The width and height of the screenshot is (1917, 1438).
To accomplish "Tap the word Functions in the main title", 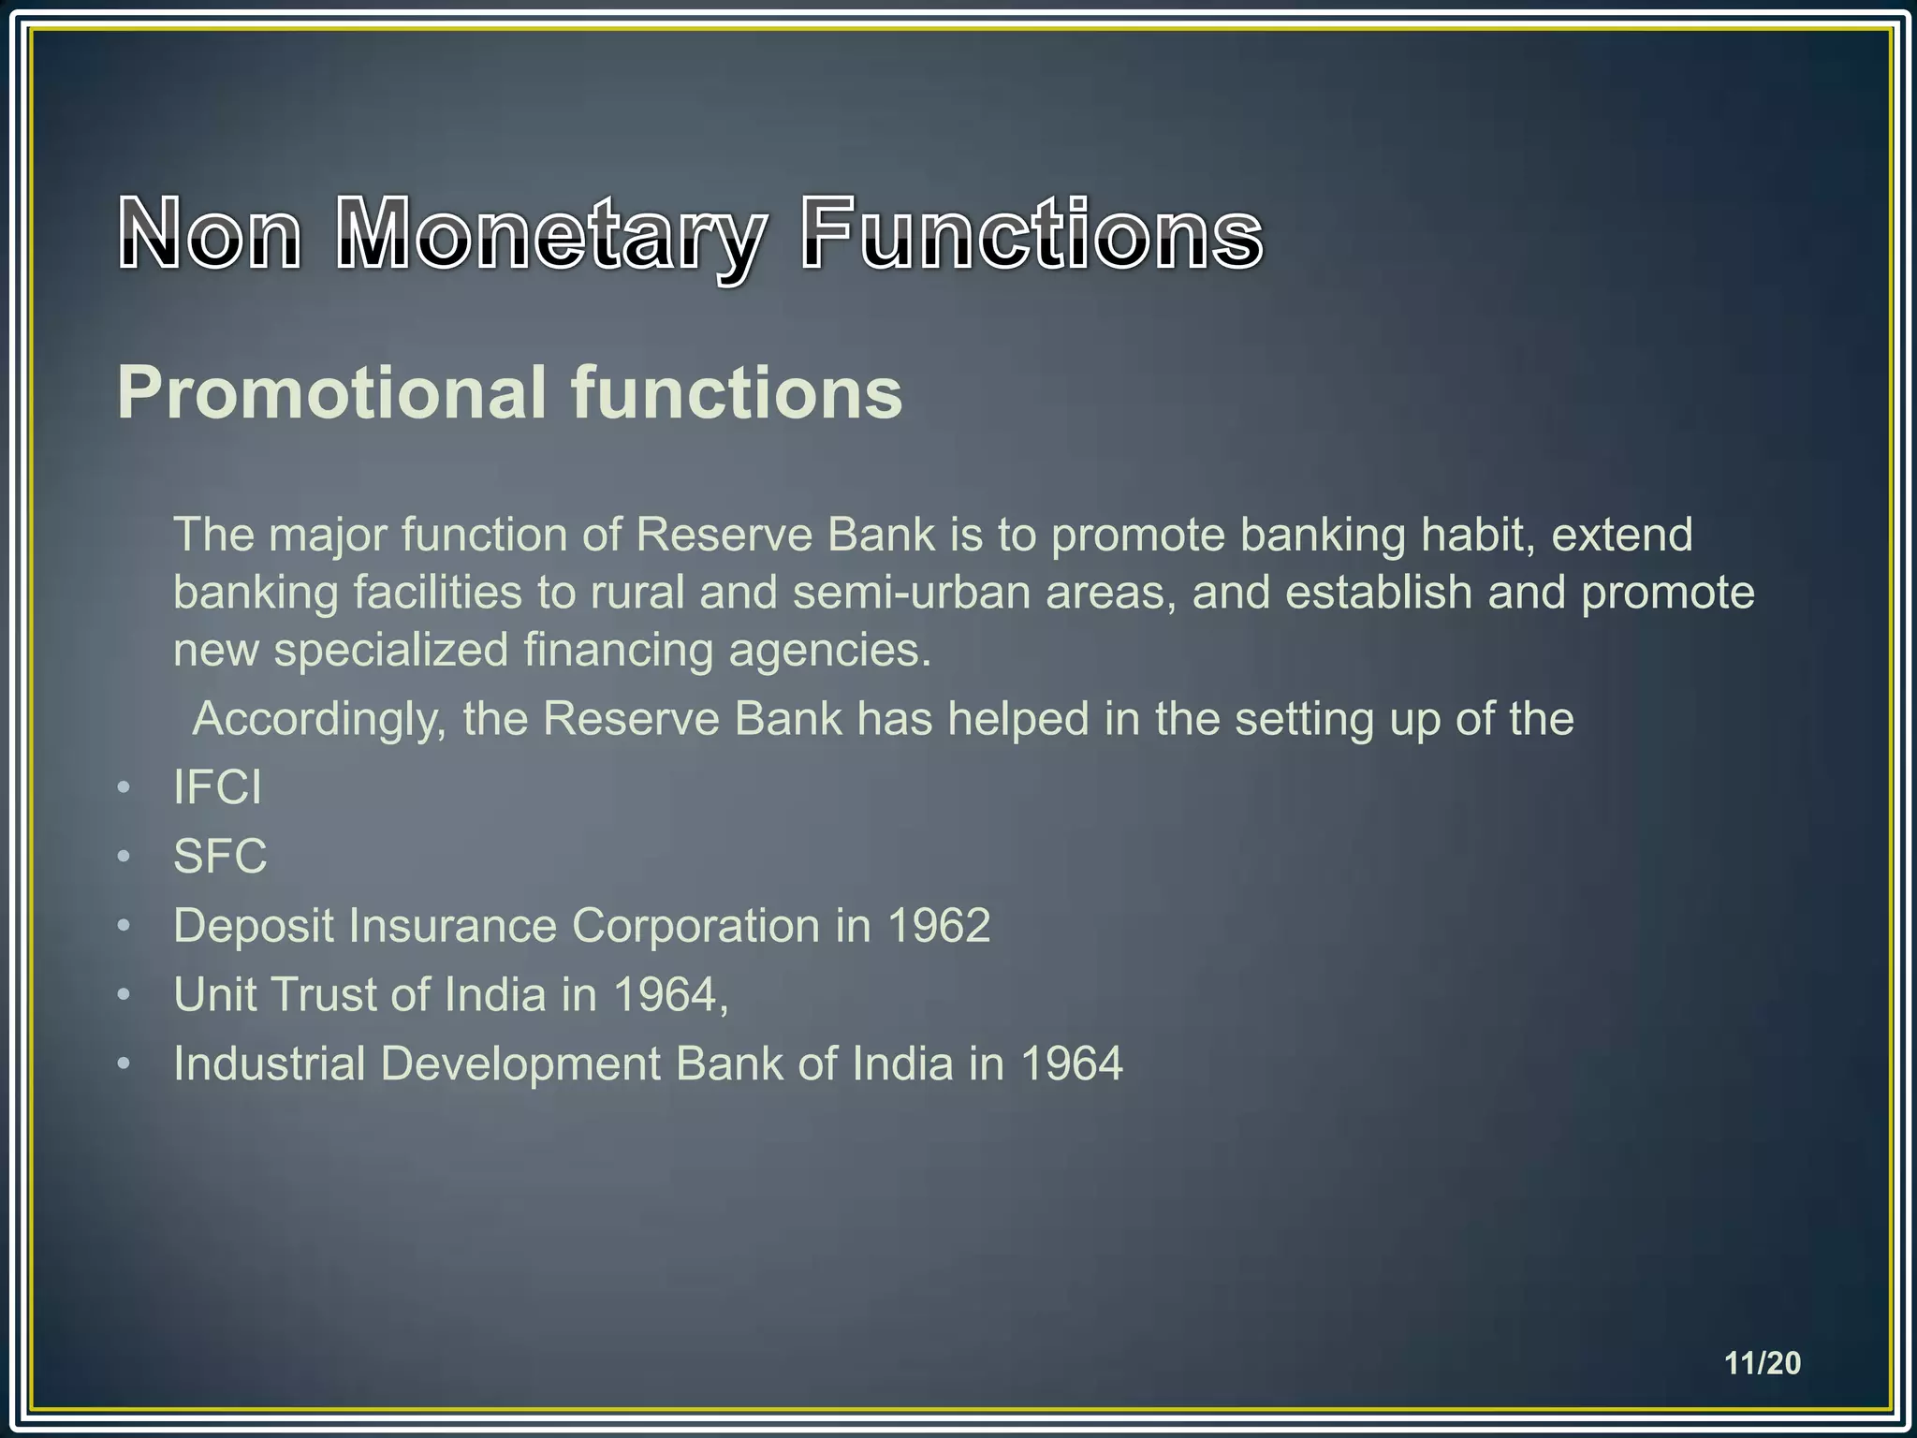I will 1031,234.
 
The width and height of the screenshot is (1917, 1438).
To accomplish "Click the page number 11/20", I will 1763,1363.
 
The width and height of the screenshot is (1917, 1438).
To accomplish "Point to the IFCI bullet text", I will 217,786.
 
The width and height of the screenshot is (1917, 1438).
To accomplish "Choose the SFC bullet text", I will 220,856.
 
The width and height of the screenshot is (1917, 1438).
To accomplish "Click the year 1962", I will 938,925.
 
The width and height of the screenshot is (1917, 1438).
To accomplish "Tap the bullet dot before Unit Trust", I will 124,995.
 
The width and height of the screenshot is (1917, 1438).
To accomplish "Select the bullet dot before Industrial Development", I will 124,1064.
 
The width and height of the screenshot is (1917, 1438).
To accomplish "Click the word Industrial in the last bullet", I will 270,1064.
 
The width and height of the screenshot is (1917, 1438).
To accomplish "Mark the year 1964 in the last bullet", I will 1071,1064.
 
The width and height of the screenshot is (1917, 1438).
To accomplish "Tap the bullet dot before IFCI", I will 124,787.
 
